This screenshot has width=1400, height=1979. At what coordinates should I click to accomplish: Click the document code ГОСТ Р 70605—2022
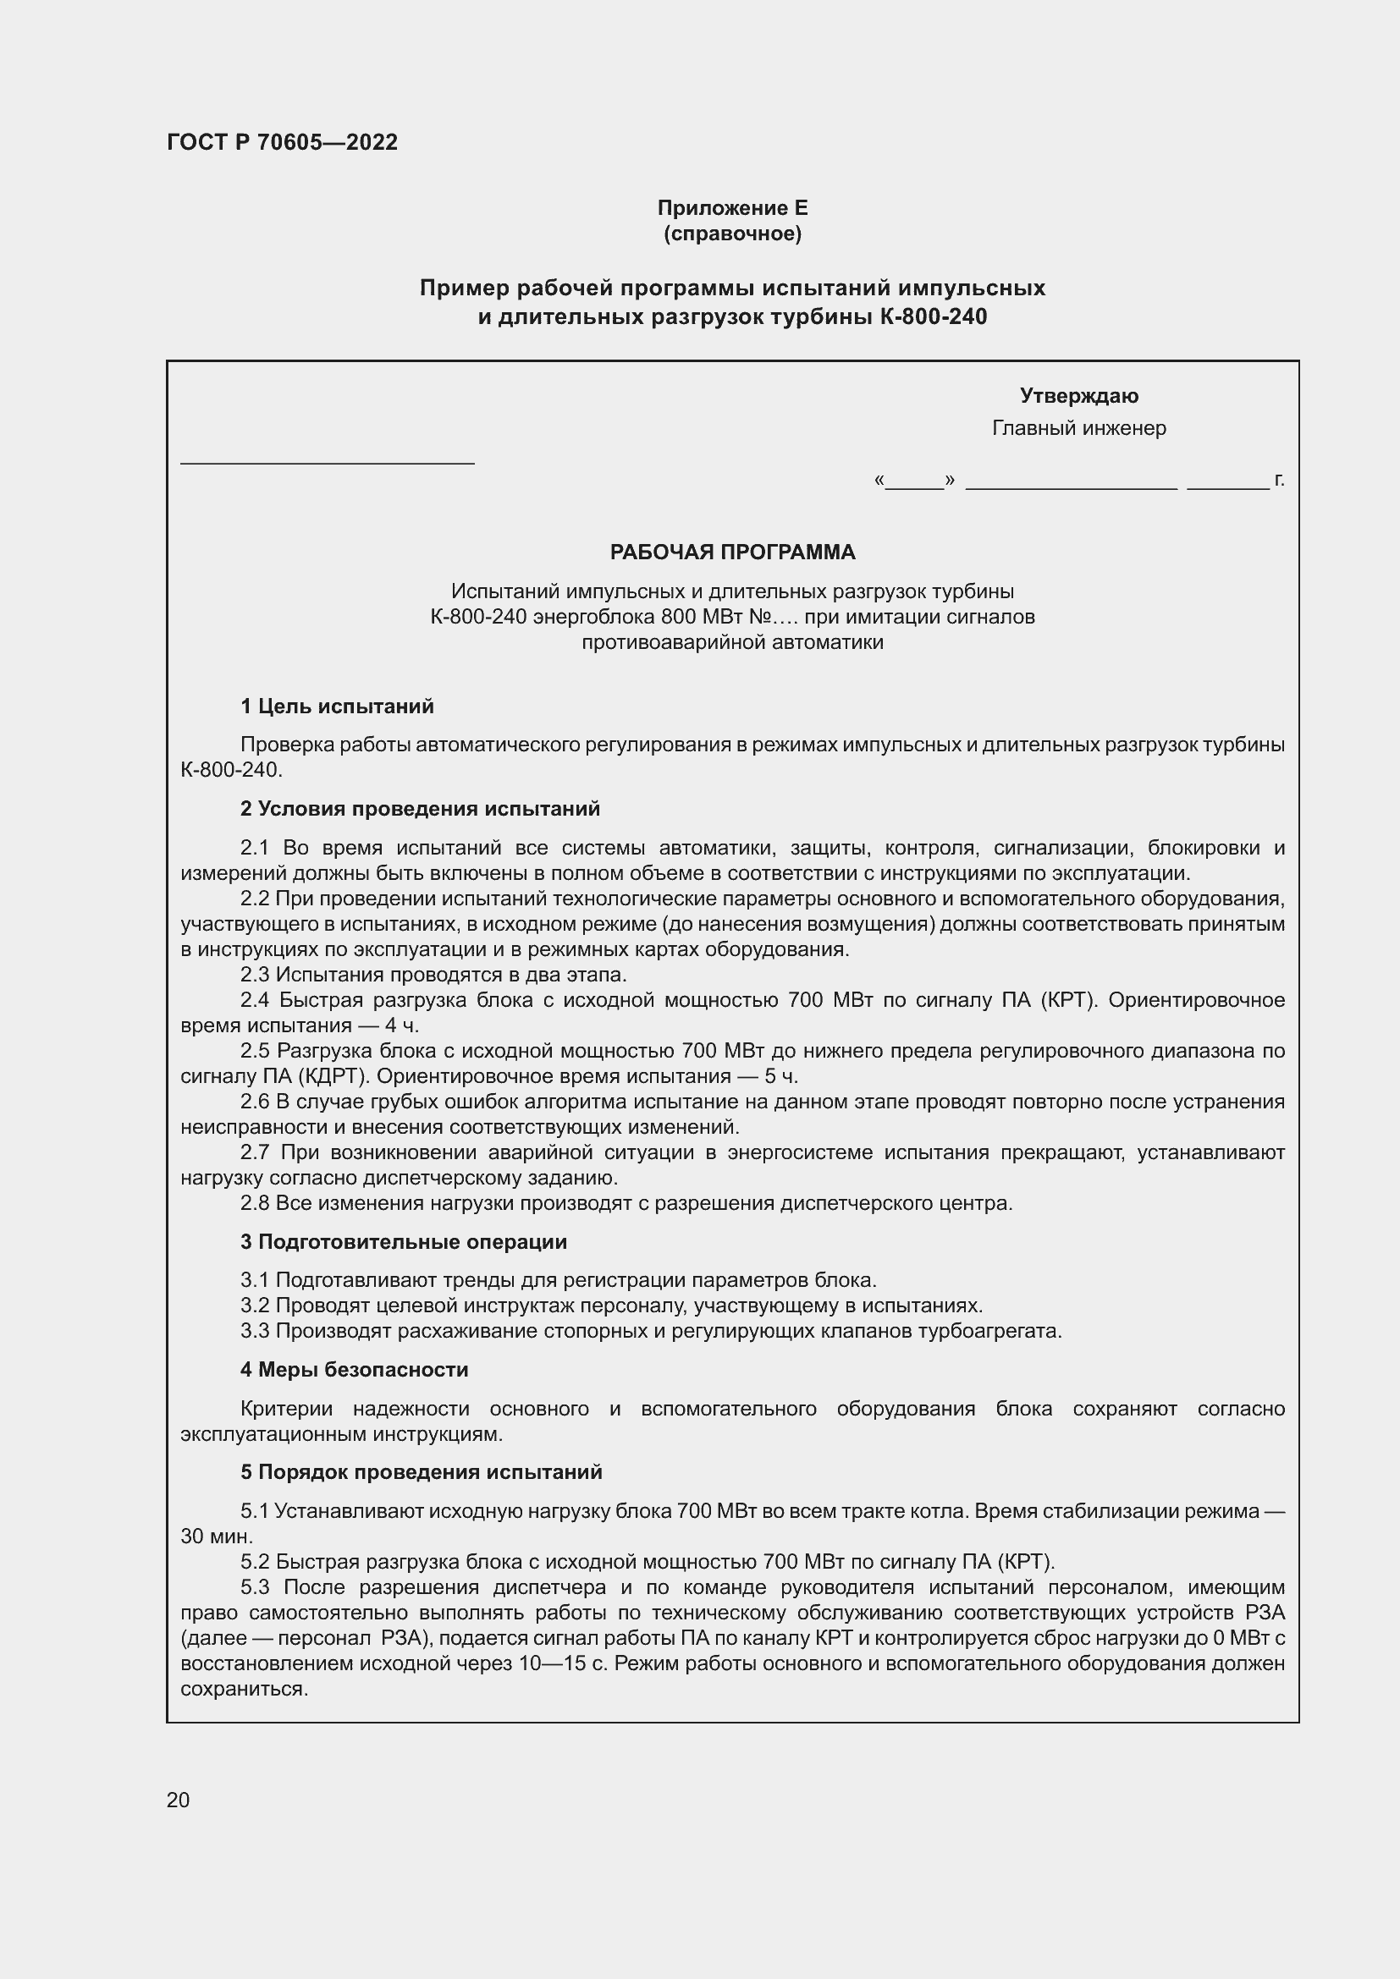pyautogui.click(x=282, y=142)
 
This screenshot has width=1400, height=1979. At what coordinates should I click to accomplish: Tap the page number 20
pyautogui.click(x=178, y=1800)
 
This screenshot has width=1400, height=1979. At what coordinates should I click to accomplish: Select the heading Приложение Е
pyautogui.click(x=732, y=208)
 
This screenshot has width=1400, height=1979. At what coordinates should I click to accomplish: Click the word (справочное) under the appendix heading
pyautogui.click(x=732, y=234)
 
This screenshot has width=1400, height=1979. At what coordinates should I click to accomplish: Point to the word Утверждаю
pyautogui.click(x=1078, y=396)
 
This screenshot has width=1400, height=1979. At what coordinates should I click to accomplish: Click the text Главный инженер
pyautogui.click(x=1078, y=427)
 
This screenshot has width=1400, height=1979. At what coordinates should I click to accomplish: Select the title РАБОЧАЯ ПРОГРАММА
pyautogui.click(x=732, y=552)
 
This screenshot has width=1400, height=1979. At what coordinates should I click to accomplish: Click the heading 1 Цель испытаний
pyautogui.click(x=336, y=706)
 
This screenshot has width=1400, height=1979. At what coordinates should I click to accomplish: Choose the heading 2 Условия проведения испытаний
pyautogui.click(x=420, y=809)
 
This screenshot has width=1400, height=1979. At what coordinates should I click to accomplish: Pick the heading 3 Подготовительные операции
pyautogui.click(x=404, y=1242)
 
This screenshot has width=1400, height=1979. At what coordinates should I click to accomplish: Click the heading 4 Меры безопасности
pyautogui.click(x=355, y=1370)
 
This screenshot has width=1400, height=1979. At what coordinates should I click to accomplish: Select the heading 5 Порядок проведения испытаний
pyautogui.click(x=421, y=1472)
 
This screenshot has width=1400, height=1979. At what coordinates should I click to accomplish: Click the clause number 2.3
pyautogui.click(x=254, y=975)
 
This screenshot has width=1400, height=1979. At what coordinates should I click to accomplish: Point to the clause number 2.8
pyautogui.click(x=254, y=1203)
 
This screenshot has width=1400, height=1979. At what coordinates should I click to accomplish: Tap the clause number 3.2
pyautogui.click(x=254, y=1306)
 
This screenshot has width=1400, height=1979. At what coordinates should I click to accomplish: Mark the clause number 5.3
pyautogui.click(x=254, y=1587)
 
